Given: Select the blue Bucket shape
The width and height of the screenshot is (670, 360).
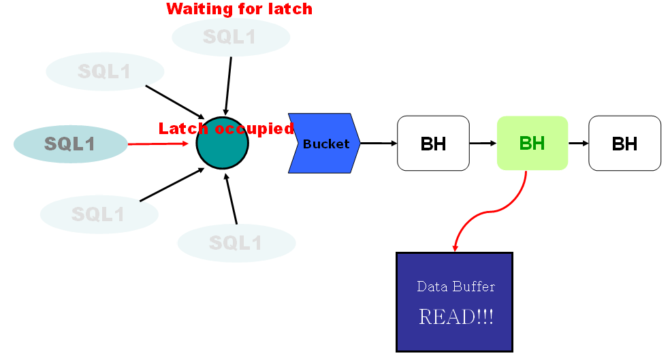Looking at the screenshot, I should click(324, 143).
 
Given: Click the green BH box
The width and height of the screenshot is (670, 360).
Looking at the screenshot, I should click(532, 143).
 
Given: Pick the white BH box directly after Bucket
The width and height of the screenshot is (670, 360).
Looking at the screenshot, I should click(433, 143).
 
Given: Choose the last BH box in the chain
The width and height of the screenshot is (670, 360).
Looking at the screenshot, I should click(624, 143).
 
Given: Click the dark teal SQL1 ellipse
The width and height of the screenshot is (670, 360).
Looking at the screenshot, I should click(70, 144).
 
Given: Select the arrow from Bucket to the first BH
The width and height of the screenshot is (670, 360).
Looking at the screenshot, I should click(379, 143).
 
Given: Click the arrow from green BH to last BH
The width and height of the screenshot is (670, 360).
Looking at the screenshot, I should click(578, 143).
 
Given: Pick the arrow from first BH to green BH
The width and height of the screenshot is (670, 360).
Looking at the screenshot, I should click(483, 143).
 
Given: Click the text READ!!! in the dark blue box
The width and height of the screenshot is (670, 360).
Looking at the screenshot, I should click(456, 316).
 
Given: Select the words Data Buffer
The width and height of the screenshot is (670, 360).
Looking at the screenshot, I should click(456, 287).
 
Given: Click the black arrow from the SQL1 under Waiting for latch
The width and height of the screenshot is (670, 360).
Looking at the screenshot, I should click(228, 85).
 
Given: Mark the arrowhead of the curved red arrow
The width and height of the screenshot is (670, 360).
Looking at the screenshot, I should click(456, 247).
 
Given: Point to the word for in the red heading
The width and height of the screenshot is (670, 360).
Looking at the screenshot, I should click(244, 9).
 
